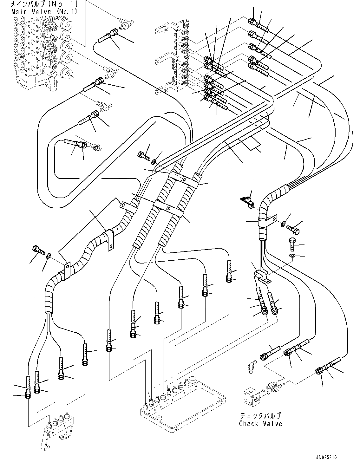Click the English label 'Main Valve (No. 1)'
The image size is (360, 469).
click(44, 11)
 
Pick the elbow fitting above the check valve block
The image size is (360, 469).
click(251, 368)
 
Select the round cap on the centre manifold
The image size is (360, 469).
click(193, 381)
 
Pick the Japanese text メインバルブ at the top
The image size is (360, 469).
click(44, 4)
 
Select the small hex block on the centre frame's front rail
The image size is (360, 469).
click(144, 406)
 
